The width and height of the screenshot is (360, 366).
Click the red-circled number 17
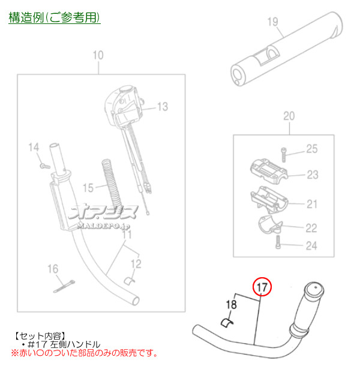click(262, 287)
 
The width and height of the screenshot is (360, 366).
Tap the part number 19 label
click(272, 22)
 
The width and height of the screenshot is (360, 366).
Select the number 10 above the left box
click(98, 55)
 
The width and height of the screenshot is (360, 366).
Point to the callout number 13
click(163, 107)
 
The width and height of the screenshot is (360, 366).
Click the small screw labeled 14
click(45, 166)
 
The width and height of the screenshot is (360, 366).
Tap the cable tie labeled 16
click(64, 286)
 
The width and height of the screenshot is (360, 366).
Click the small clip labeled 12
click(129, 281)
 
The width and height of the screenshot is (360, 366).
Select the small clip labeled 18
click(227, 323)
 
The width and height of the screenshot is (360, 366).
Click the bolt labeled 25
click(283, 155)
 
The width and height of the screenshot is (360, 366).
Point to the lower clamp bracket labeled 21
click(269, 200)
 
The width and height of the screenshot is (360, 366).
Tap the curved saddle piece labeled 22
click(269, 225)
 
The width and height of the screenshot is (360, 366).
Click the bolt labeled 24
click(278, 242)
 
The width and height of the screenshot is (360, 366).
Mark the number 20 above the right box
click(289, 116)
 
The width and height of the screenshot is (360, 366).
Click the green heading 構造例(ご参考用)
click(55, 17)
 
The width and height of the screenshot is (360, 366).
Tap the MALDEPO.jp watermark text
click(103, 226)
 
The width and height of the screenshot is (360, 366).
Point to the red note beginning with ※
click(85, 353)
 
